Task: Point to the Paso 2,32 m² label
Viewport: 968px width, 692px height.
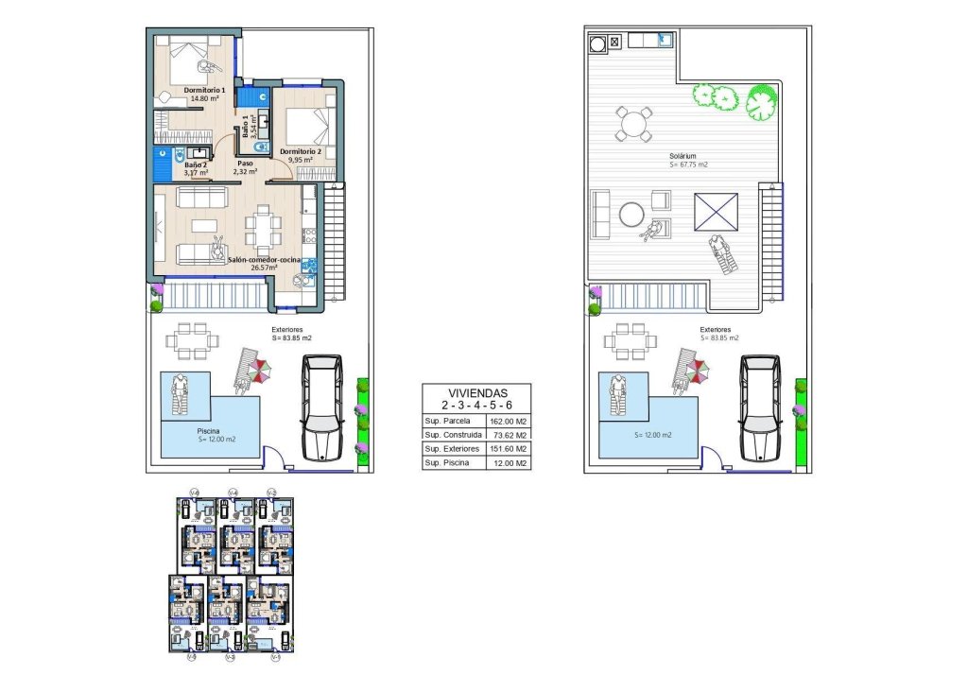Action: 245,167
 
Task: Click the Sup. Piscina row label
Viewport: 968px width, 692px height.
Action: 448,463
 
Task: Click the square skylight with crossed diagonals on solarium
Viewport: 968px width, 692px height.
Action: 716,211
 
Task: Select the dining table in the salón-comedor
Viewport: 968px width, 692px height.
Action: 263,227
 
